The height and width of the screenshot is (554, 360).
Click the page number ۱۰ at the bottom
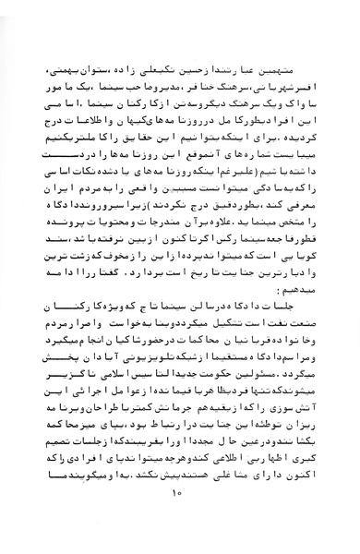tap(177, 525)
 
